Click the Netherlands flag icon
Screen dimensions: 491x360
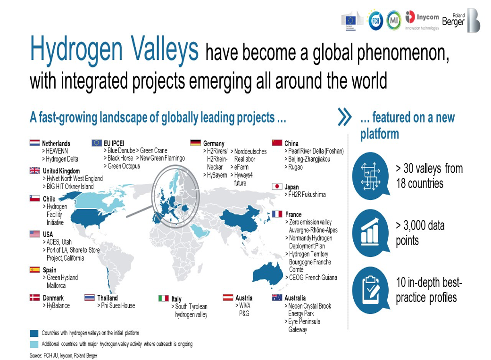point(34,143)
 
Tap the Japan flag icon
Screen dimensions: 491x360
point(277,187)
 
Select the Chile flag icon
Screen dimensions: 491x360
point(34,198)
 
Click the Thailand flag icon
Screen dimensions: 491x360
point(90,297)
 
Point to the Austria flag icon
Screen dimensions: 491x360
point(228,297)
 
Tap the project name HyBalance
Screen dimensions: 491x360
point(58,306)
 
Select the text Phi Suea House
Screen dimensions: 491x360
point(118,306)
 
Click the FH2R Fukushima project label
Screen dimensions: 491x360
point(307,195)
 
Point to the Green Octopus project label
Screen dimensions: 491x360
point(124,166)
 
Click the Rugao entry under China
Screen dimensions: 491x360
point(295,167)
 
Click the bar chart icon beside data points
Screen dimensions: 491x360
point(370,232)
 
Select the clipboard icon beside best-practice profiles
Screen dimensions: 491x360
point(371,289)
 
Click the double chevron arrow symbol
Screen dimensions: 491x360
point(345,117)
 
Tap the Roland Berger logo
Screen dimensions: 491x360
point(461,20)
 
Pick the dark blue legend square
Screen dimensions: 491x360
point(34,333)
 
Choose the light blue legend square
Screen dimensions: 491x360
point(34,344)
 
